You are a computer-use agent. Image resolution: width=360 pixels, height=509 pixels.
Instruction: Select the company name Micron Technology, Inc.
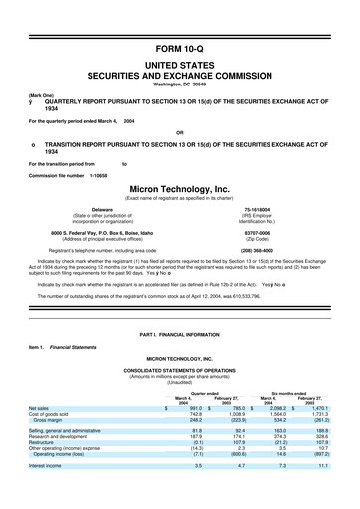tap(180, 187)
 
